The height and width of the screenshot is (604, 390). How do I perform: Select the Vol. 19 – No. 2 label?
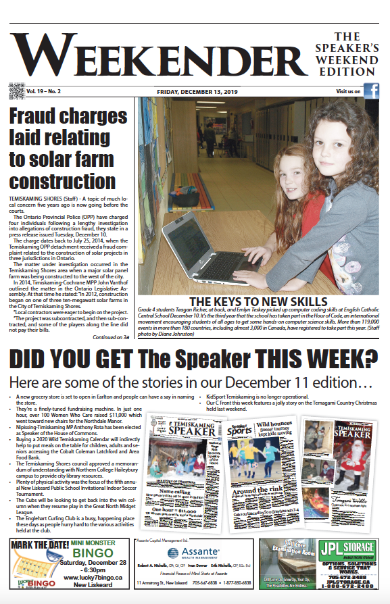coord(43,91)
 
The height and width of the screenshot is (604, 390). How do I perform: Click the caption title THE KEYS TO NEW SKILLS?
coord(258,301)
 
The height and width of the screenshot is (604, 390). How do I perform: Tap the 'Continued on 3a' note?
coord(111,336)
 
